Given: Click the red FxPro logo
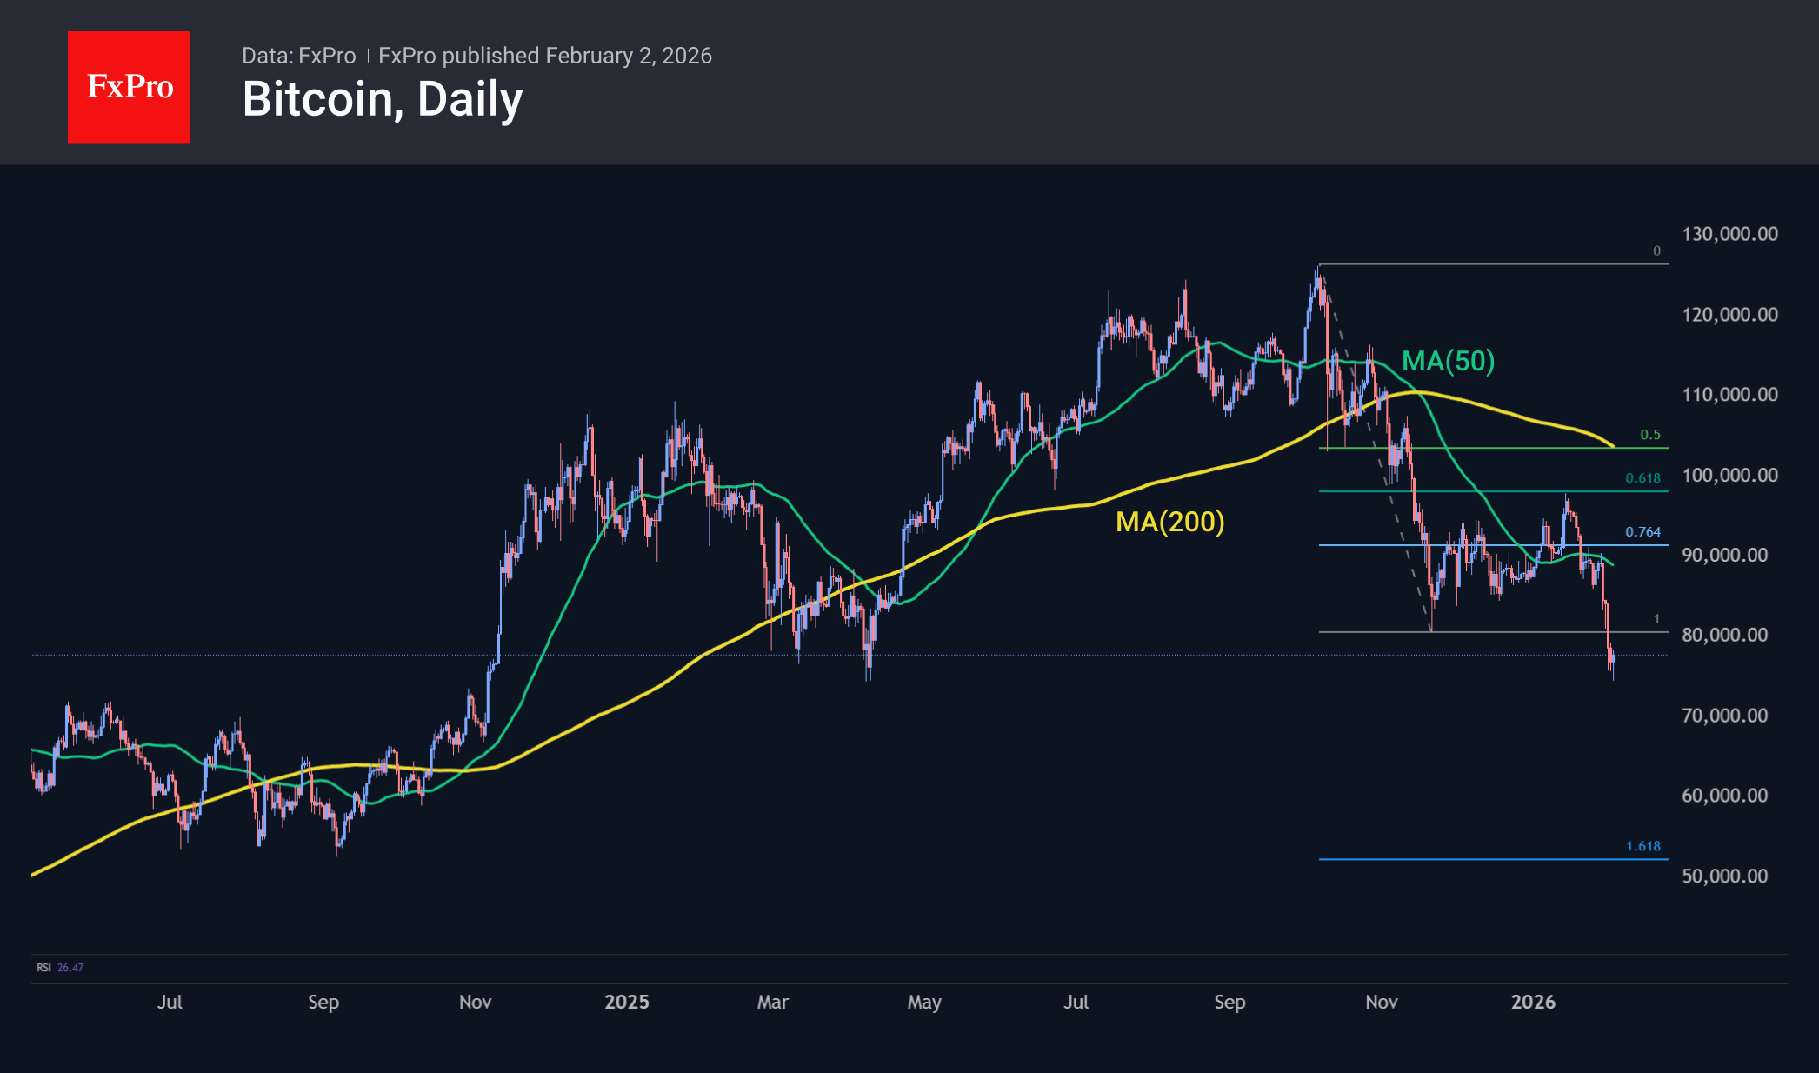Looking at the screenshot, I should pos(129,87).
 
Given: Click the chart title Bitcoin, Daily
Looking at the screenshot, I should pos(382,99).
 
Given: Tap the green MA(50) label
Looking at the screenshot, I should pos(1448,361).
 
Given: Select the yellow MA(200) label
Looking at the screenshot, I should pos(1169,522).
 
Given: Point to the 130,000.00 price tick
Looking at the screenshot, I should pos(1729,234).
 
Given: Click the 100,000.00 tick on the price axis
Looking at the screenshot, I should pos(1729,475).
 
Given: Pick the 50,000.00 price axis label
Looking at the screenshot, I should pos(1724,876).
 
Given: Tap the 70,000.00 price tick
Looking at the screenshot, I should pos(1724,716).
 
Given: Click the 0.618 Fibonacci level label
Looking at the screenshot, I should pos(1642,478).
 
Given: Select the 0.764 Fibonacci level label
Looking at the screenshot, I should pos(1642,532).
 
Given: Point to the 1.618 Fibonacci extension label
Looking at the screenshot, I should pos(1642,846).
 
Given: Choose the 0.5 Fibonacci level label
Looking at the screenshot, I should pos(1649,435).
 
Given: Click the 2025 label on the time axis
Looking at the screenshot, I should pos(626,1002).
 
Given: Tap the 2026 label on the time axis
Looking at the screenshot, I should pos(1533,1002).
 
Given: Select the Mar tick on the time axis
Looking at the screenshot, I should pos(772,1002).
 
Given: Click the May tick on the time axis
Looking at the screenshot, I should pos(924,1002).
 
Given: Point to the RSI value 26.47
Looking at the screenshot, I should pos(70,968).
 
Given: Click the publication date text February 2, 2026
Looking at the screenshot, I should pos(629,56).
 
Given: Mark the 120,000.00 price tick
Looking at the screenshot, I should pos(1729,315).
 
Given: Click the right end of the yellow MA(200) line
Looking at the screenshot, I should pos(1613,446).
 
